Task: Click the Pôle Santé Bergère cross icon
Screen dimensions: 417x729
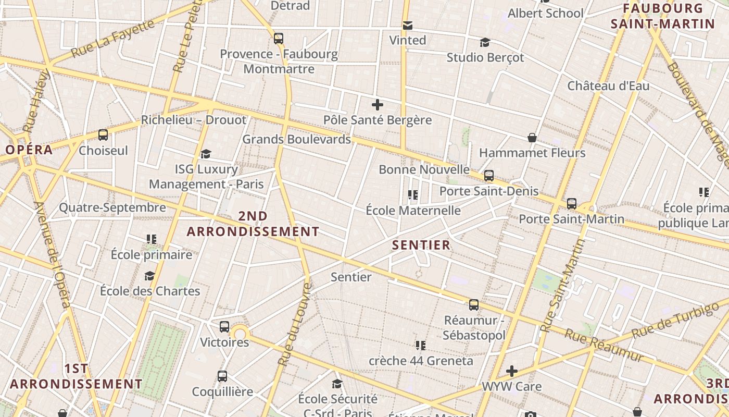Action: click(378, 105)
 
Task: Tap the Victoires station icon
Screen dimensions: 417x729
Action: click(224, 327)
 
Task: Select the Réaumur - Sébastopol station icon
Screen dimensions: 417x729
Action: click(474, 304)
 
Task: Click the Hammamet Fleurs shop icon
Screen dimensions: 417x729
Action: click(532, 138)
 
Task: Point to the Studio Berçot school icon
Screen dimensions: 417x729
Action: click(485, 42)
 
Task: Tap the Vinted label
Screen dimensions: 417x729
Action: click(408, 40)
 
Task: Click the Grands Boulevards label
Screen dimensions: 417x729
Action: click(296, 139)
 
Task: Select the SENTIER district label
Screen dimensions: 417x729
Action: click(421, 245)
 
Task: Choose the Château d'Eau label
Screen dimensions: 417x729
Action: click(608, 85)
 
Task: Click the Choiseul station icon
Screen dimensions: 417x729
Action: click(103, 135)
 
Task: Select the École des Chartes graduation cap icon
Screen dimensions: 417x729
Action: click(150, 276)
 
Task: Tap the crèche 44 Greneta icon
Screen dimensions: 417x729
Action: click(421, 345)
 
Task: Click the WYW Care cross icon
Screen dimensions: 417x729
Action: click(512, 371)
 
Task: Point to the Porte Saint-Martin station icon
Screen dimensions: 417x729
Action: click(572, 203)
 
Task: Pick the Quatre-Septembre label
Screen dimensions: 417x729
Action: click(112, 207)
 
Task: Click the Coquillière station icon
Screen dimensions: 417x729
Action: click(222, 376)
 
